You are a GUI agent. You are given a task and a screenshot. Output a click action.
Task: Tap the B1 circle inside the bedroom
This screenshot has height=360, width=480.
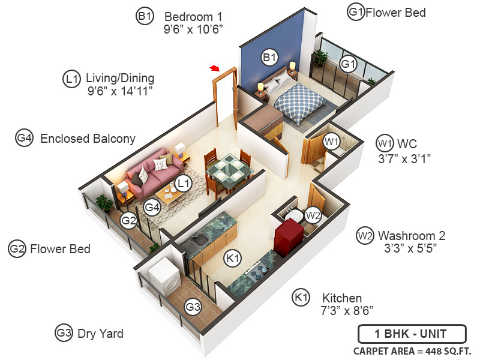[269, 58]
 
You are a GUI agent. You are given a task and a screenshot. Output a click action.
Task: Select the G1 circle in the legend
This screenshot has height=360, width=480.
[356, 11]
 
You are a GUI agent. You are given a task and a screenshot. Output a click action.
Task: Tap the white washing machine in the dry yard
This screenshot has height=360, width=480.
[163, 277]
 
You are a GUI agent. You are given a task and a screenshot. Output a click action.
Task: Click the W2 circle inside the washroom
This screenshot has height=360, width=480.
[313, 214]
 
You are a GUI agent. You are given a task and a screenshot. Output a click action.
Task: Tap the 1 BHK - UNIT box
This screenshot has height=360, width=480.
[411, 334]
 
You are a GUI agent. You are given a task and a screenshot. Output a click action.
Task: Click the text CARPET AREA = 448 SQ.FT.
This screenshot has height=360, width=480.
[412, 351]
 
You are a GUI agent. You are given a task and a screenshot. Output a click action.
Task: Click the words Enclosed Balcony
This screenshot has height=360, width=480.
[88, 139]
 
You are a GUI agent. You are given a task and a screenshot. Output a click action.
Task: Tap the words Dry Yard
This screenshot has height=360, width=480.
[100, 333]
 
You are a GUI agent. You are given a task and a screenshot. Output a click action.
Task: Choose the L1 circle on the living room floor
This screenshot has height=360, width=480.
[183, 182]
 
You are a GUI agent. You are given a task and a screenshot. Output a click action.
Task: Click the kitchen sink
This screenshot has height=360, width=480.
[198, 241]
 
